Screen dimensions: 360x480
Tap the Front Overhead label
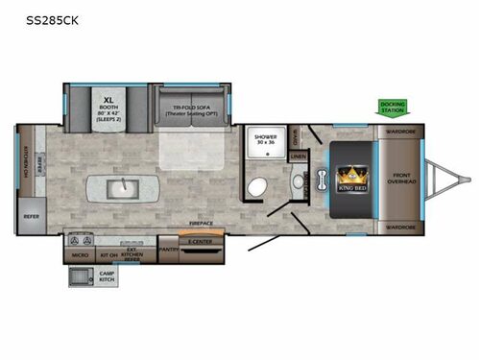[x=400, y=179]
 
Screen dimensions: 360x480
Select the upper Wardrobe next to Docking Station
[x=400, y=132]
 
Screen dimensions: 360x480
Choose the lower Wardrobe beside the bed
[x=400, y=227]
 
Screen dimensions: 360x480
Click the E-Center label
[x=201, y=243]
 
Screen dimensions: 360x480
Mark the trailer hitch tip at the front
[x=468, y=179]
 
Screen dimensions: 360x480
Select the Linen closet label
[x=298, y=156]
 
